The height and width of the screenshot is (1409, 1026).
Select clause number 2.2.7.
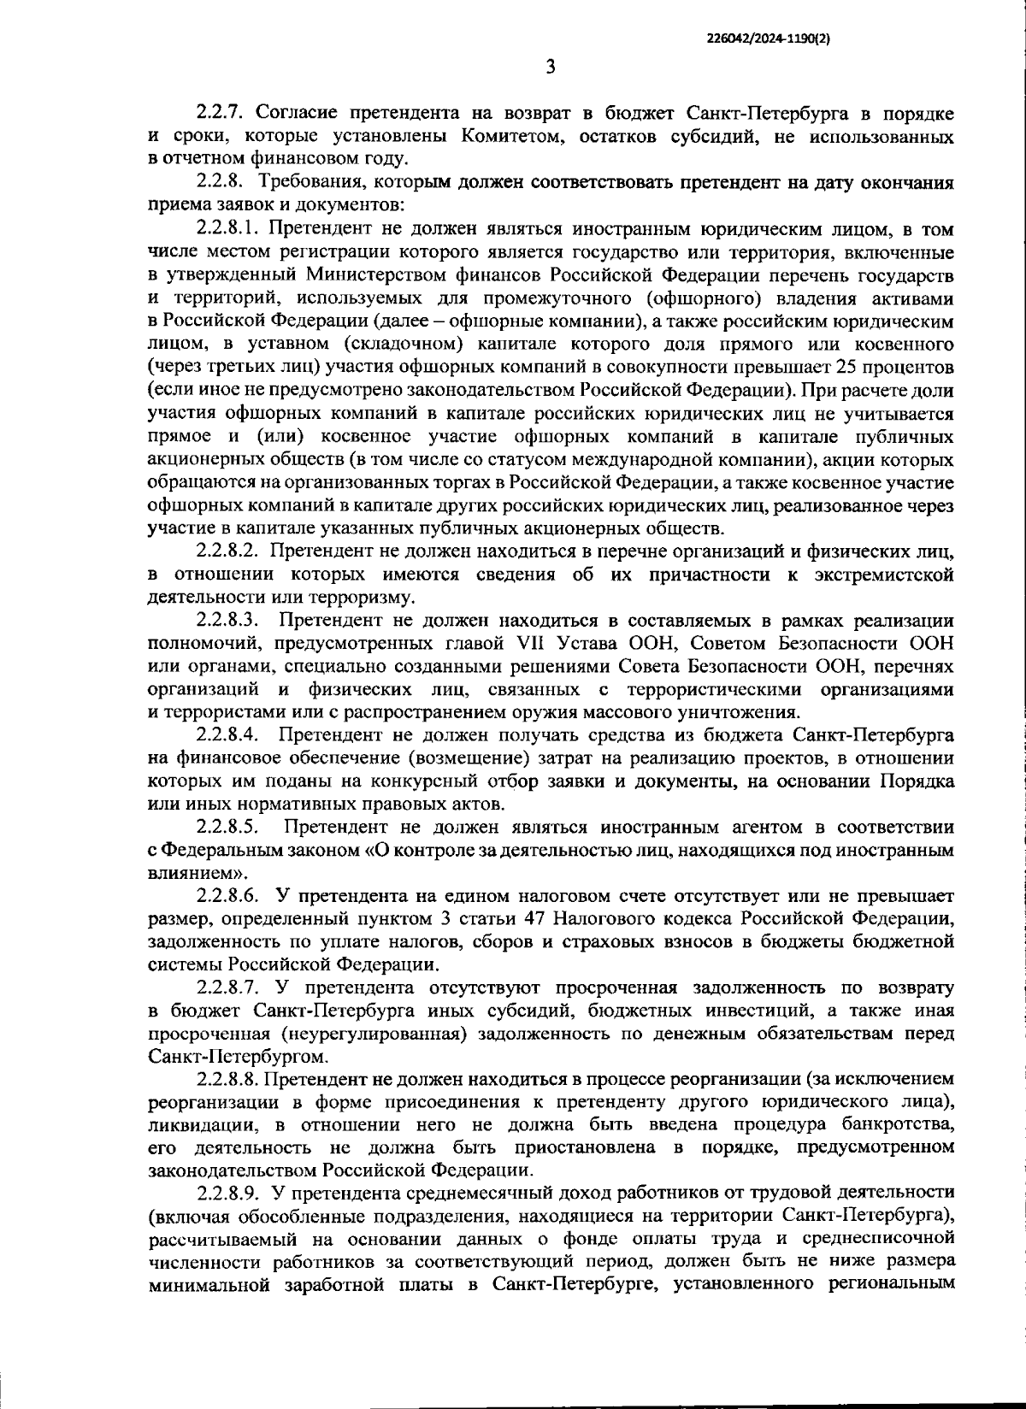(223, 113)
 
